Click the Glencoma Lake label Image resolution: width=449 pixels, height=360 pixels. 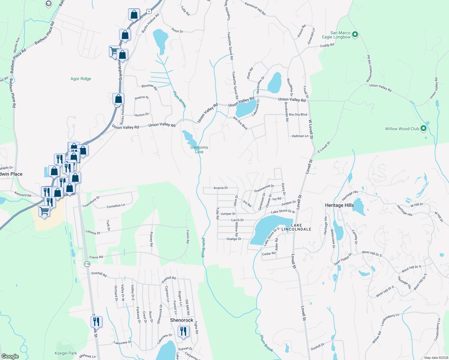(199, 149)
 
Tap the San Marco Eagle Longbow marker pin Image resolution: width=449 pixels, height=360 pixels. (355, 34)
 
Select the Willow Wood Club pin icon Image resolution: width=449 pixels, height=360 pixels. (423, 128)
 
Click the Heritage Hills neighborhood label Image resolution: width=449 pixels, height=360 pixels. (339, 205)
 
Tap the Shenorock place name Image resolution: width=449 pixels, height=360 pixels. (182, 320)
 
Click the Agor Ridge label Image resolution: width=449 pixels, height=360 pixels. (81, 79)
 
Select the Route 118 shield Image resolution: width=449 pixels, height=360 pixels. (87, 264)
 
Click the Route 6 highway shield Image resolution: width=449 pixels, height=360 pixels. (149, 11)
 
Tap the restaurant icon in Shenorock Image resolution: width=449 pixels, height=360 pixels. (183, 331)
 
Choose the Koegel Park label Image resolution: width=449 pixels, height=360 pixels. (66, 353)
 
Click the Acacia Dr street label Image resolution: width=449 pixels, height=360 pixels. (221, 188)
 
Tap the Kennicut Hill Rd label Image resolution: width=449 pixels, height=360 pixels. (255, 9)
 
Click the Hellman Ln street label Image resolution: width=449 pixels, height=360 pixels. (300, 136)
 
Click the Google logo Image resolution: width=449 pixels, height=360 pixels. (10, 356)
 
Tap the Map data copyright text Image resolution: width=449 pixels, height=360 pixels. (435, 358)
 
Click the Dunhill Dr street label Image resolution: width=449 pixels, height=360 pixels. (318, 347)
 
